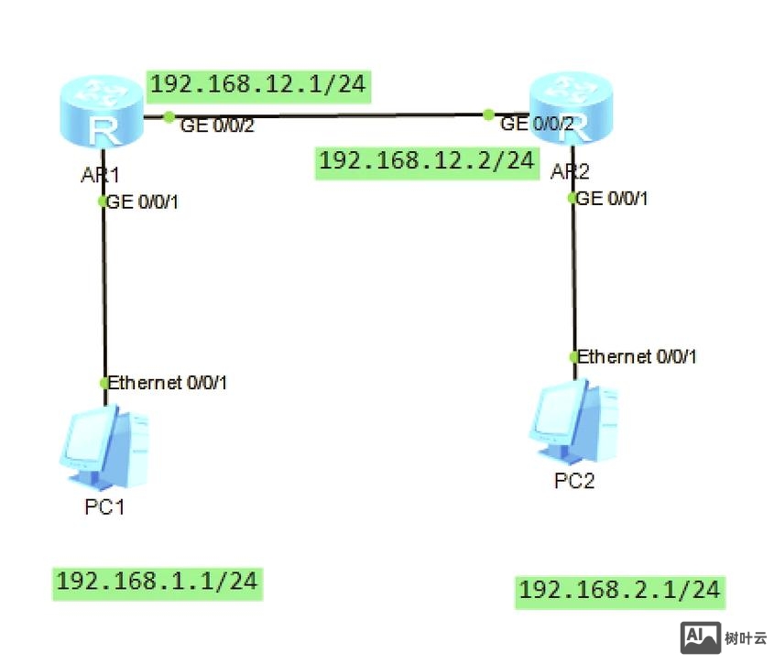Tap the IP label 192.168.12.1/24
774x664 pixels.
click(x=257, y=85)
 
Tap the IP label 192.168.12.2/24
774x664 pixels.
click(x=425, y=161)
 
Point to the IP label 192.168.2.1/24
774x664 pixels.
click(x=620, y=591)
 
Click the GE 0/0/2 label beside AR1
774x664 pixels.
click(x=217, y=126)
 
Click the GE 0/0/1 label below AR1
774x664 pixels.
click(x=143, y=202)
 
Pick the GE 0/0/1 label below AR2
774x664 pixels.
click(x=613, y=198)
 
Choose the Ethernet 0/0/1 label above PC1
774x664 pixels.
click(x=168, y=383)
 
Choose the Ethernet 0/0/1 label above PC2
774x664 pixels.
click(x=638, y=356)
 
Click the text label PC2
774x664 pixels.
click(x=574, y=481)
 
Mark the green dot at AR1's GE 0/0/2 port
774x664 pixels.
click(x=169, y=116)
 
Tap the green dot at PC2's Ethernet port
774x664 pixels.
click(x=573, y=356)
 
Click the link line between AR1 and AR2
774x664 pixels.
click(x=330, y=116)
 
